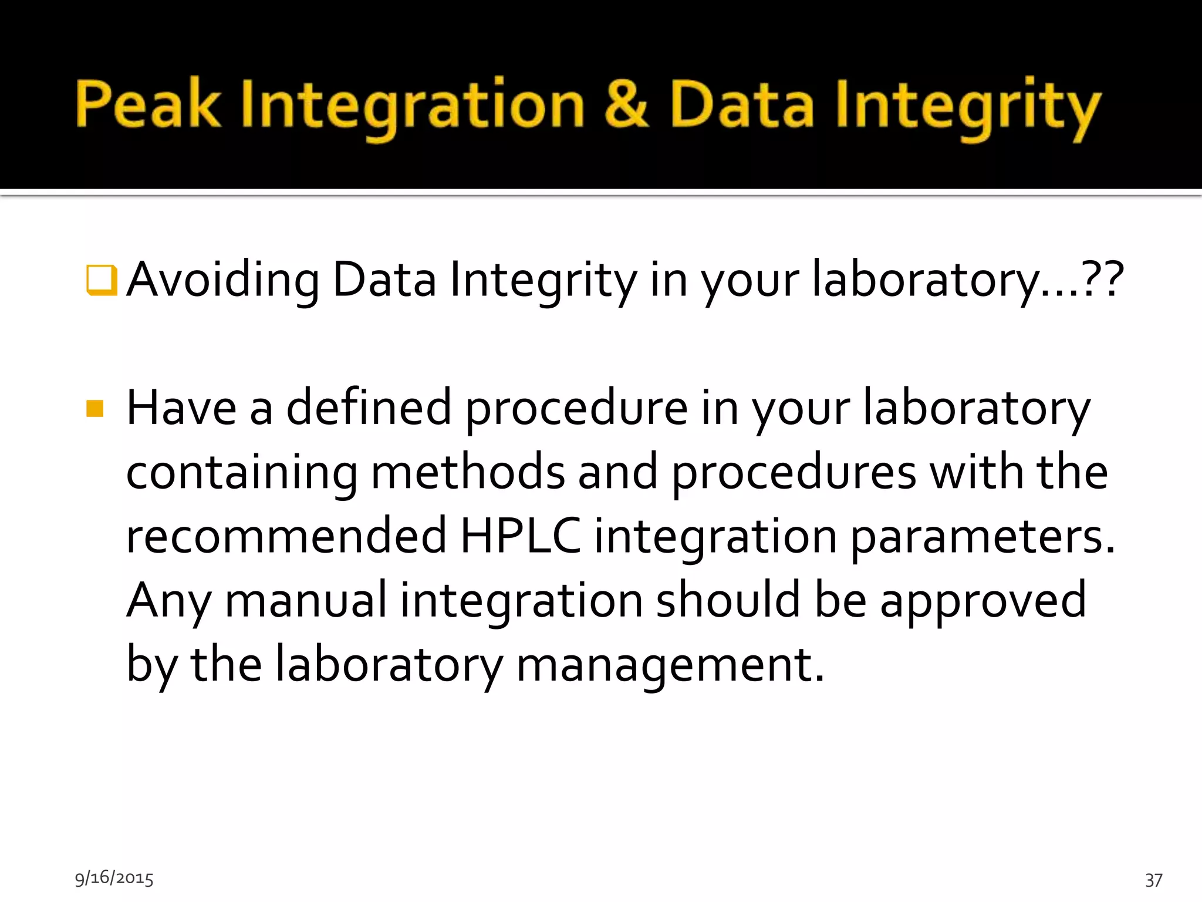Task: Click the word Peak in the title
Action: coord(148,104)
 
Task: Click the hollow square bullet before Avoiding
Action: coord(102,280)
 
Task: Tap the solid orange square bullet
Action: coord(95,408)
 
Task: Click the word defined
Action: coord(369,408)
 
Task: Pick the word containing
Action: coord(241,473)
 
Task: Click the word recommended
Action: coord(286,536)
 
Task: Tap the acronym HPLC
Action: coord(520,536)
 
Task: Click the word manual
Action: coord(306,600)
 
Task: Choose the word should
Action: coord(728,600)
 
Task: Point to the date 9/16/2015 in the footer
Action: coord(114,878)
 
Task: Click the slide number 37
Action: coord(1153,880)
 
